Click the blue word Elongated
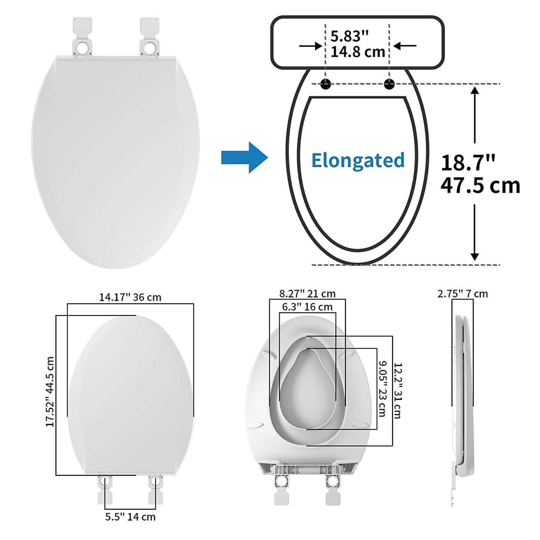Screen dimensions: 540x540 358,160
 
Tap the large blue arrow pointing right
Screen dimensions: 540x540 244,157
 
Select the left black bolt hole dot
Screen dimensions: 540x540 325,84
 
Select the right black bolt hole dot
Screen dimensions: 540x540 389,84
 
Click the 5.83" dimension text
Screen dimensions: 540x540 349,36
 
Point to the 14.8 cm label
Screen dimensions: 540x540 358,52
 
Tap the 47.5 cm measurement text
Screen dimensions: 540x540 480,185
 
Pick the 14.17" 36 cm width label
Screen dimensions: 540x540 130,297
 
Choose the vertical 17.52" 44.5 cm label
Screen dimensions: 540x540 50,392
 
